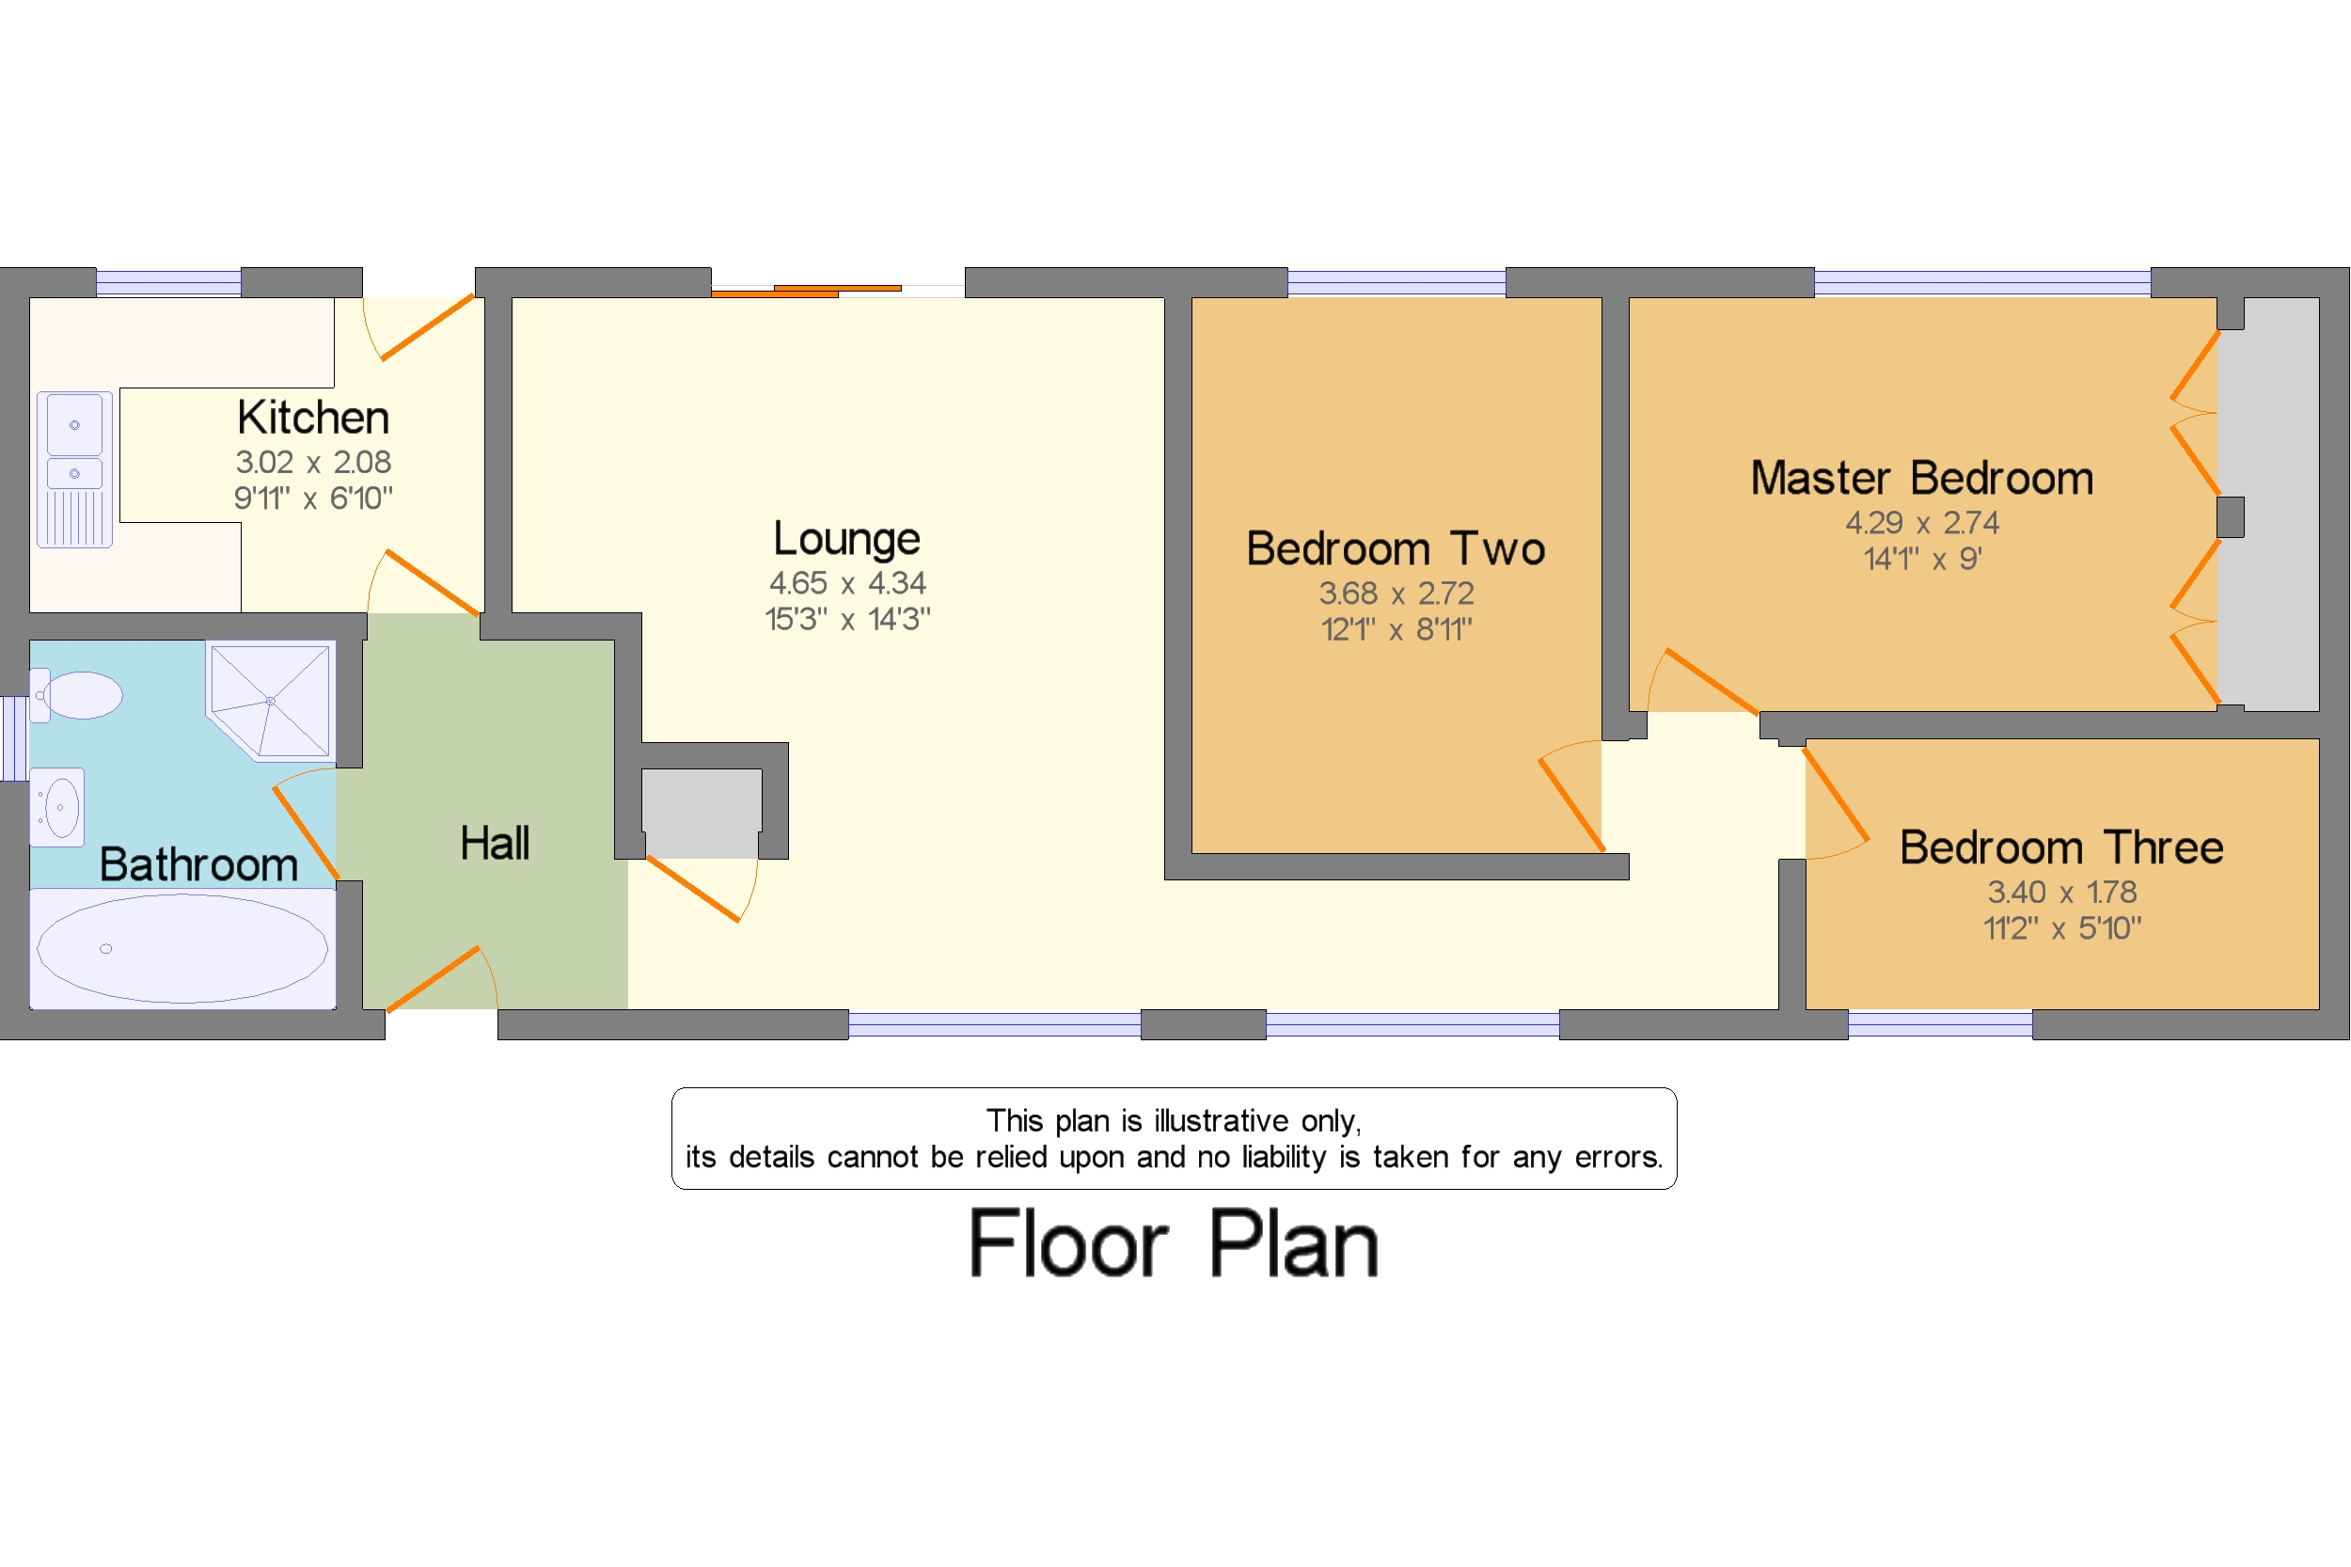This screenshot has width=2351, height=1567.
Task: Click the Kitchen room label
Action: (313, 418)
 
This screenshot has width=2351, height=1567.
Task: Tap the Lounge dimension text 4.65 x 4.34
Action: (846, 582)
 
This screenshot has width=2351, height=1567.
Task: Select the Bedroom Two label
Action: (1395, 548)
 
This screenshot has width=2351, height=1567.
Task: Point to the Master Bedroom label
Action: (1920, 478)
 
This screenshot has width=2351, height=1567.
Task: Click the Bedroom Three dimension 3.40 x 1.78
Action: (2060, 892)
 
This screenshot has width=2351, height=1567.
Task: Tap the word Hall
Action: (495, 844)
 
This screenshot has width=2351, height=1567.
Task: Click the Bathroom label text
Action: (197, 864)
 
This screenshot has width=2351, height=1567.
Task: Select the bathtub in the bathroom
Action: (181, 947)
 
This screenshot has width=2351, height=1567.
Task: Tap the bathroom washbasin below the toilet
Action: (58, 806)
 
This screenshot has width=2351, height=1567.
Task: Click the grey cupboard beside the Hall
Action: (701, 812)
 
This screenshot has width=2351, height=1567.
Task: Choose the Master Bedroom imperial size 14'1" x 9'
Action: (1920, 559)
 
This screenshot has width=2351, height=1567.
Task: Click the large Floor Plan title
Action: (1173, 1243)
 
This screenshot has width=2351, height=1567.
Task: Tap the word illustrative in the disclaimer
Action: (1220, 1121)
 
